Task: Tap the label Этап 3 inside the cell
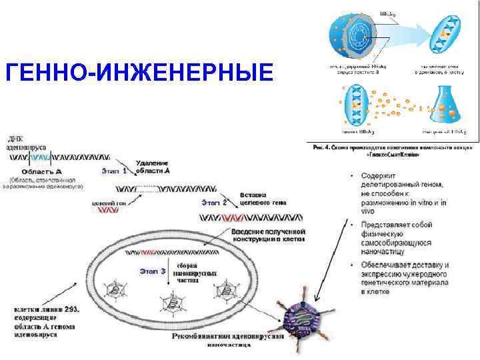(153, 271)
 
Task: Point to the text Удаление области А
(153, 167)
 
